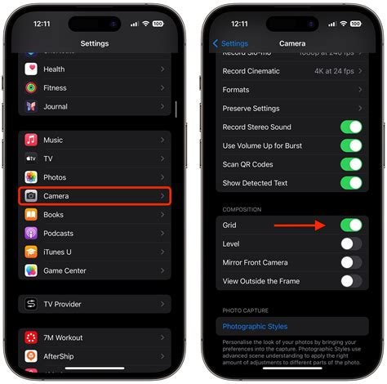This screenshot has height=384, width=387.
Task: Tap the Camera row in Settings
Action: [x=95, y=196]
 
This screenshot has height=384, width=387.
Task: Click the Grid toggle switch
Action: [x=351, y=225]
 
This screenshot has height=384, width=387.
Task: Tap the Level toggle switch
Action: [x=351, y=243]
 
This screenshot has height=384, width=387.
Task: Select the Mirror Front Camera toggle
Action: [x=351, y=262]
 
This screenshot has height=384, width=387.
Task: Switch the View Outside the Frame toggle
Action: [x=351, y=281]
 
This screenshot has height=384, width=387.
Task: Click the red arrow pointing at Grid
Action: [x=299, y=225]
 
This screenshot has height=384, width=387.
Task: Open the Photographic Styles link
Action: [x=255, y=327]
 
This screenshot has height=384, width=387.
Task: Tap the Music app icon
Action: [x=31, y=141]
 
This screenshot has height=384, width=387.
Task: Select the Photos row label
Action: [x=55, y=177]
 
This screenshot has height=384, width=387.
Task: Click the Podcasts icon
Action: [x=31, y=233]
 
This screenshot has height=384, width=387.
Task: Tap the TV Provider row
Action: [x=95, y=304]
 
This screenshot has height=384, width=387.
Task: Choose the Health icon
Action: [x=31, y=69]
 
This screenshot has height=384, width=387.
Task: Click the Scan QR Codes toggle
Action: [x=351, y=164]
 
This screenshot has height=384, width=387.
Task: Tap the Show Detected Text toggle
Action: [x=351, y=183]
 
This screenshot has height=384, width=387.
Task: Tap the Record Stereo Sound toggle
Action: [x=351, y=127]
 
